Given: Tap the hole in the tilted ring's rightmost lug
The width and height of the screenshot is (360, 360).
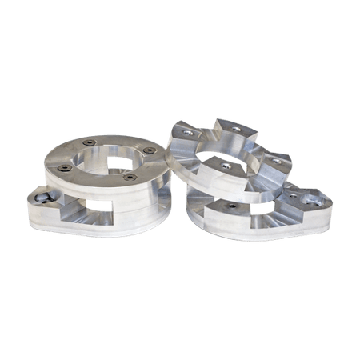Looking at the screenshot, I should [277, 161].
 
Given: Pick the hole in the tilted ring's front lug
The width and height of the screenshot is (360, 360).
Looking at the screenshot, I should [226, 166].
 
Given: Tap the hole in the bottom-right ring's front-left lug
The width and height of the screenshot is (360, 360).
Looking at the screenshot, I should [232, 205].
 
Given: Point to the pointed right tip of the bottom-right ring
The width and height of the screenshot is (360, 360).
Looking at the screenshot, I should [330, 209].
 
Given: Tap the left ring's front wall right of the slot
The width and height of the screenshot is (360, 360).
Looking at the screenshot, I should [140, 210].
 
